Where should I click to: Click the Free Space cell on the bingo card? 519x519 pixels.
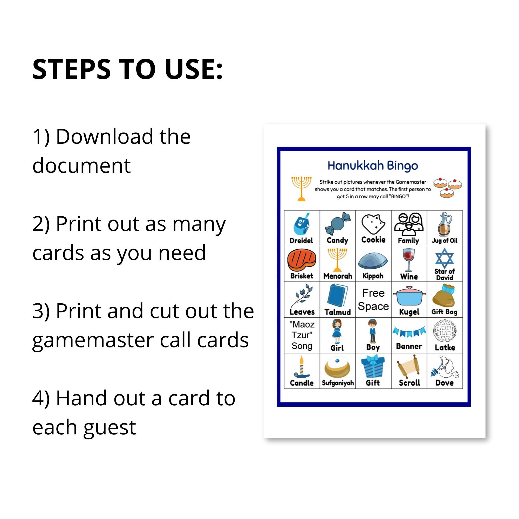click(373, 299)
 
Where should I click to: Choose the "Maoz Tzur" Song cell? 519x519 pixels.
click(302, 335)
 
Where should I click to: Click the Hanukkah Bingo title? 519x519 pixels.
click(373, 166)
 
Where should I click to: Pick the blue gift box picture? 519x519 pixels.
click(373, 366)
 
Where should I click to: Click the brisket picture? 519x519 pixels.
click(302, 260)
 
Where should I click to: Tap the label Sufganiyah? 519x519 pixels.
click(338, 383)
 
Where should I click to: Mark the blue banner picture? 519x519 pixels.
click(409, 331)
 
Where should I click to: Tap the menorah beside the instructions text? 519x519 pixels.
click(301, 189)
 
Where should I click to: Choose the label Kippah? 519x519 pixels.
click(373, 276)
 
